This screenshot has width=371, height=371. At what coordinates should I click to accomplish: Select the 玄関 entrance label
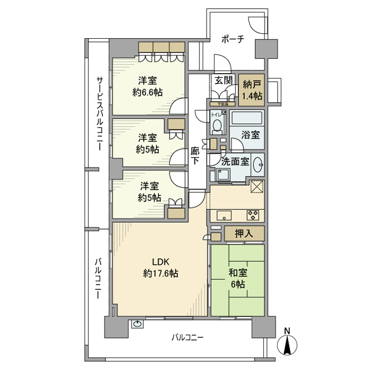[x=223, y=81]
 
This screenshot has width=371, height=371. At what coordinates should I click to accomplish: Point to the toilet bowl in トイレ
[x=217, y=126]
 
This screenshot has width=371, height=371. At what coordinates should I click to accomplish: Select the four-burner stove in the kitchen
[x=252, y=215]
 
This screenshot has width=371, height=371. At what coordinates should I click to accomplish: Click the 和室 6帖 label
[x=237, y=279]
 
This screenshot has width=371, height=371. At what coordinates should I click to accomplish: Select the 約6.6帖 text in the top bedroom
[x=148, y=92]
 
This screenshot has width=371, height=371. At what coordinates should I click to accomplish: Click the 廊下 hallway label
[x=195, y=155]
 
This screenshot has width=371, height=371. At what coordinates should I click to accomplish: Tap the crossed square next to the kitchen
[x=257, y=188]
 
